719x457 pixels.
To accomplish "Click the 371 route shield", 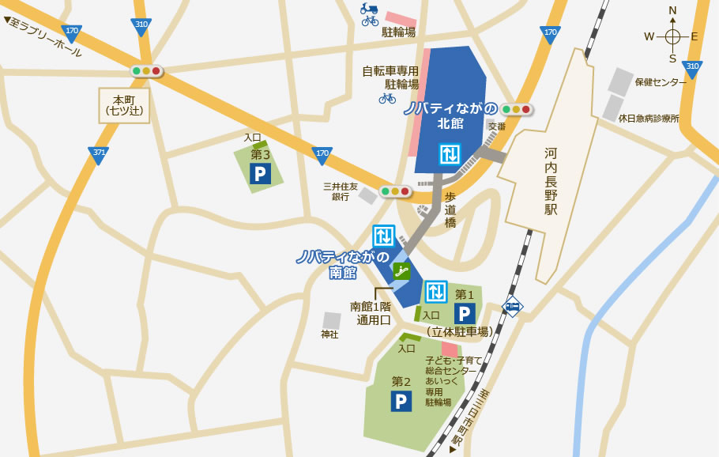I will click(x=99, y=155).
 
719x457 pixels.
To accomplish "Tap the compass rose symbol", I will click(x=672, y=36).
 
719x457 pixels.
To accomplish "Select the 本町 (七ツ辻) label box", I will click(x=124, y=105).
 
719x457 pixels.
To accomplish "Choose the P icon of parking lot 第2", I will click(x=401, y=401).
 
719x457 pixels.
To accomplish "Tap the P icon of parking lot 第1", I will click(x=465, y=314).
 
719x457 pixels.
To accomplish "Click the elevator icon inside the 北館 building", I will click(x=450, y=153).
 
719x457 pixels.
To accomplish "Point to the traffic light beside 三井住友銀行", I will click(x=395, y=191).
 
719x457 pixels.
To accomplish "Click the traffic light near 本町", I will click(x=146, y=71).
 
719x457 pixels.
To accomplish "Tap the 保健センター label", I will click(x=661, y=82).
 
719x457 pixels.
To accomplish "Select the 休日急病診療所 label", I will click(x=649, y=118).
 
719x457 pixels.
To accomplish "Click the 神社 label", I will click(x=329, y=334).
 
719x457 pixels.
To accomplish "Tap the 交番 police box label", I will click(x=496, y=126).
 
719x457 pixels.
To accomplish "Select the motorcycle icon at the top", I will click(x=369, y=8).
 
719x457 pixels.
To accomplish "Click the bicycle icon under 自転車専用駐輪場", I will click(x=387, y=98).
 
